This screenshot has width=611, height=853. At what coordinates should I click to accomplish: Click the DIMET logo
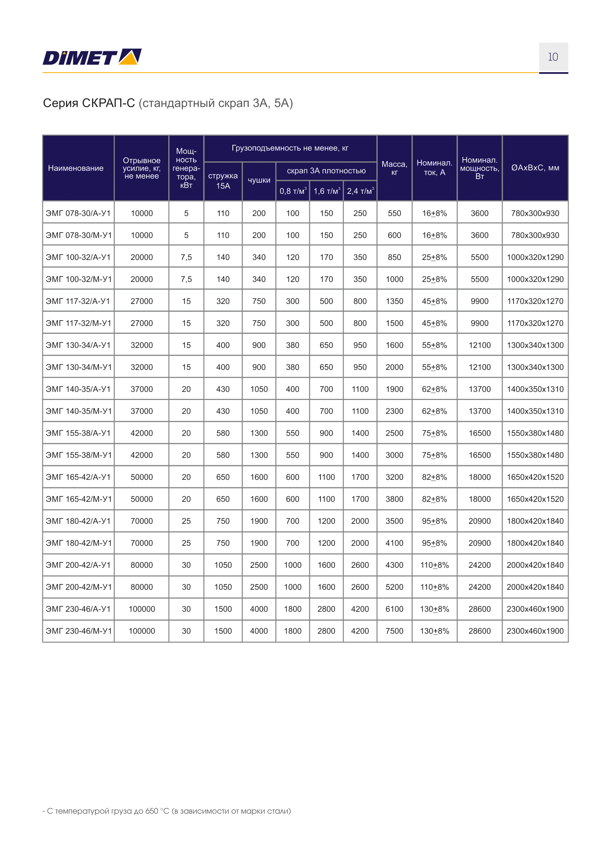92,57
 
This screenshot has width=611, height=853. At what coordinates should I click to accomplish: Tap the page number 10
553,57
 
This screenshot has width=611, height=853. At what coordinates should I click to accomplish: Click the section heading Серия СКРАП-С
89,103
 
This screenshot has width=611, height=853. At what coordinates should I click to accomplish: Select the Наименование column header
75,168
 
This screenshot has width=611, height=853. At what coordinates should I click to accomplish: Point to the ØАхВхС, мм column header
535,168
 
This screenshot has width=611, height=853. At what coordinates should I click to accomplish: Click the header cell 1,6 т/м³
326,191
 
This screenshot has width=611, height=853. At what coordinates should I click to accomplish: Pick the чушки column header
259,180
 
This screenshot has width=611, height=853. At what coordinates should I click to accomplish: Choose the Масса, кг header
394,168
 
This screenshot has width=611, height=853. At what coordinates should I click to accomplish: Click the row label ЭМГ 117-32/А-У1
78,301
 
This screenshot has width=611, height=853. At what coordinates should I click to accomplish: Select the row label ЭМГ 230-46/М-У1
79,631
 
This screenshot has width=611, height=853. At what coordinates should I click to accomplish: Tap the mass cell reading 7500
394,631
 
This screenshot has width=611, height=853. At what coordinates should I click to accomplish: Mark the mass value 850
394,257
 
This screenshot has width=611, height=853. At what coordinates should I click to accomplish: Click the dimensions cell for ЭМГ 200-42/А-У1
535,565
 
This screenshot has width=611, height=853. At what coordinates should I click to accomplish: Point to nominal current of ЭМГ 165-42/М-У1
434,499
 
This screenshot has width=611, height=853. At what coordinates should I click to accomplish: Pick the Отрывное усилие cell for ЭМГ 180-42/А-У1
141,521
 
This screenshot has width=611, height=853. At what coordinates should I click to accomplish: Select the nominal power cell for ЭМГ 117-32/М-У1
479,323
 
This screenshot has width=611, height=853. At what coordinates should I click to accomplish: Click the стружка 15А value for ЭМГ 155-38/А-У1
223,433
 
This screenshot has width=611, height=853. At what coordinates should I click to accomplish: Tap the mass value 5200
394,587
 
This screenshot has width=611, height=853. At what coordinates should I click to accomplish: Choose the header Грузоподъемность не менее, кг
290,148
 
